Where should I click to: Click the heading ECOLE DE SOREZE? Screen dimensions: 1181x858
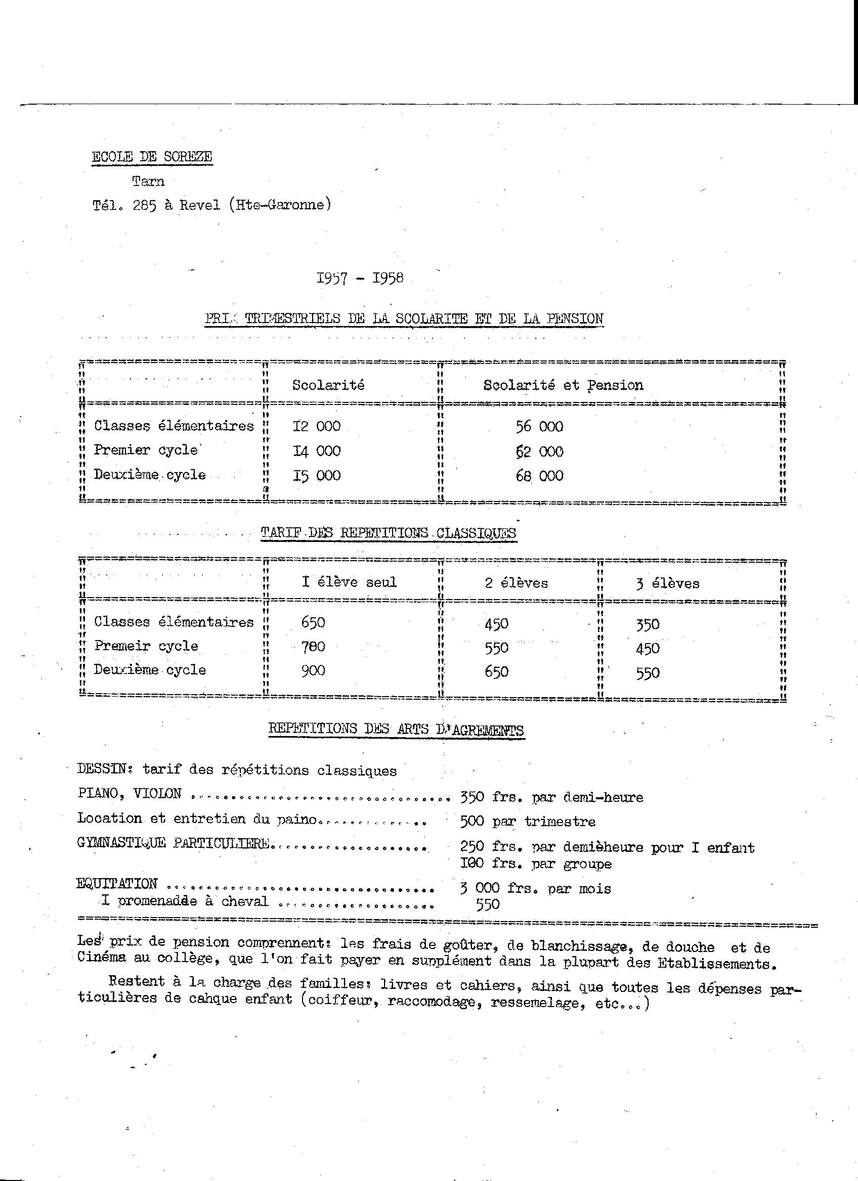tap(152, 157)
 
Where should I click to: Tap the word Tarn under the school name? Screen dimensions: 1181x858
tap(148, 181)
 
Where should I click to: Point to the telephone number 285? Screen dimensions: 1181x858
tap(145, 205)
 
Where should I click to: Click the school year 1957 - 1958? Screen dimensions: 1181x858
tap(360, 278)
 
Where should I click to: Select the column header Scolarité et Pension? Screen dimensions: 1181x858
tap(563, 385)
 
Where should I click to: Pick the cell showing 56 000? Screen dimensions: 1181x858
tap(539, 427)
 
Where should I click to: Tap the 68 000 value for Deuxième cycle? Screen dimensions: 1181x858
tap(539, 475)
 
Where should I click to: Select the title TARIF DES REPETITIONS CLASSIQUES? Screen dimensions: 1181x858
tap(388, 533)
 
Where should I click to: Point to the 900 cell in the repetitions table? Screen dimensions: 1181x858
tap(313, 671)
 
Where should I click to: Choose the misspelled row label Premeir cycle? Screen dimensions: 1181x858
tap(146, 646)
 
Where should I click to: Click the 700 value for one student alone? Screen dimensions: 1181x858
tap(313, 647)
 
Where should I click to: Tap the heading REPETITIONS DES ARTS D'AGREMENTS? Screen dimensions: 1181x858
tap(396, 729)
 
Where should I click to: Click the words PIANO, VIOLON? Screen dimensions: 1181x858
tap(129, 794)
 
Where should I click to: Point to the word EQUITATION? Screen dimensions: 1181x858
tap(117, 883)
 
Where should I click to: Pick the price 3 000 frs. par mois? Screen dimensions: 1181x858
tap(536, 888)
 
